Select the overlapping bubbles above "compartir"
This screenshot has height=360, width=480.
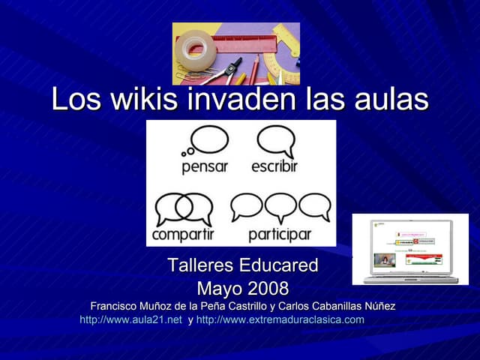point(184,208)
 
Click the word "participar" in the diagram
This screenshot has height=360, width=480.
point(279,235)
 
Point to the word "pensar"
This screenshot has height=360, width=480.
point(205,166)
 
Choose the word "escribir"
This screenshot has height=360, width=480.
point(274,166)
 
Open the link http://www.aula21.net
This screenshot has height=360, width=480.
point(130,319)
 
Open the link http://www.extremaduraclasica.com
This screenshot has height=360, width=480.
point(280,319)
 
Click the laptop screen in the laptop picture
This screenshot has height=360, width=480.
point(409,248)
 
